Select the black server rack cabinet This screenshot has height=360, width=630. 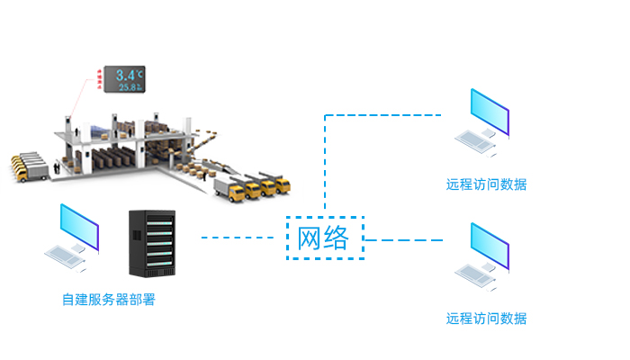pyautogui.click(x=148, y=244)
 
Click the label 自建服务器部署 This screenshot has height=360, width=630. pyautogui.click(x=108, y=300)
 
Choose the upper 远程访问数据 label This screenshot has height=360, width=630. pyautogui.click(x=486, y=184)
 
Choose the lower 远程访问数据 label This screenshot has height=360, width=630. pyautogui.click(x=486, y=319)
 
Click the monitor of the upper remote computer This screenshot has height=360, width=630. pyautogui.click(x=489, y=111)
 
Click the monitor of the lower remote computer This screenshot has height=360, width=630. pyautogui.click(x=489, y=244)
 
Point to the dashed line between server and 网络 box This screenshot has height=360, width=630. pyautogui.click(x=236, y=238)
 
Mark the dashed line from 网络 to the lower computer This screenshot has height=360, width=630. pyautogui.click(x=405, y=240)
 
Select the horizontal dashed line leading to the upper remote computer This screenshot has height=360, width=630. pyautogui.click(x=382, y=115)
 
